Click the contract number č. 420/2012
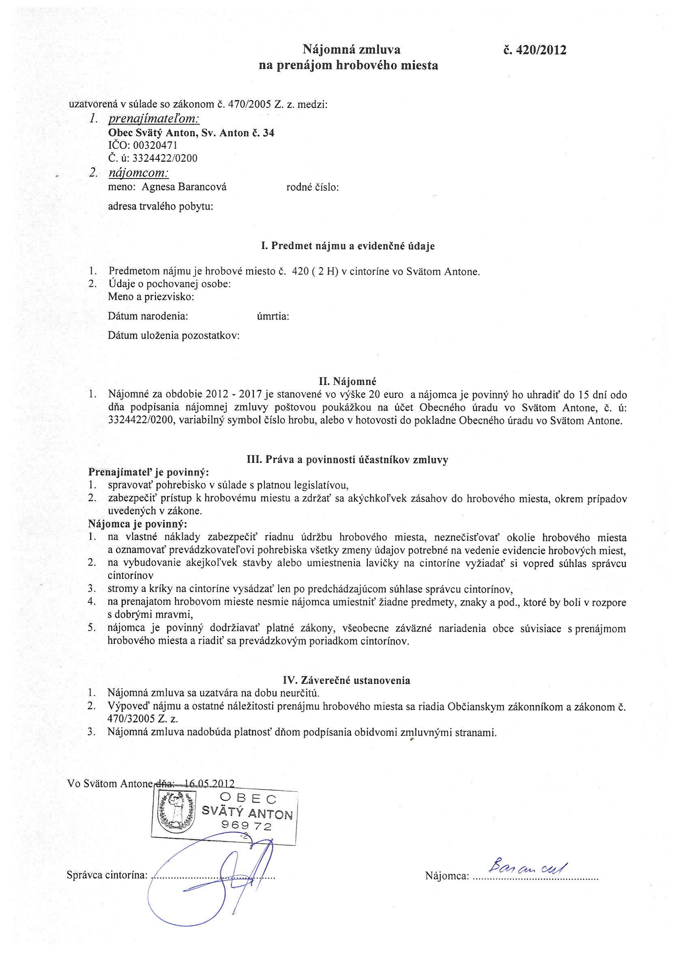(534, 50)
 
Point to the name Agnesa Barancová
(184, 187)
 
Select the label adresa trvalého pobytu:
(161, 206)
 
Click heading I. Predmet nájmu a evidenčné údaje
(348, 246)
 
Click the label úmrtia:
(273, 317)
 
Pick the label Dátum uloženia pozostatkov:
(174, 335)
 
